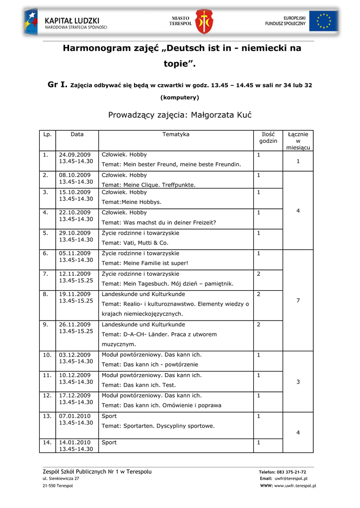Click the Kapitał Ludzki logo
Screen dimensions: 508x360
pos(66,22)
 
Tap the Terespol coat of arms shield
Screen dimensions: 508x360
pos(202,22)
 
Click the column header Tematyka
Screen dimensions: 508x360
pos(176,134)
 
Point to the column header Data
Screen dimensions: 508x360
pos(77,134)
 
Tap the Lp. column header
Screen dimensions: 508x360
pos(48,134)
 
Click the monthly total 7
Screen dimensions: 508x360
pos(298,301)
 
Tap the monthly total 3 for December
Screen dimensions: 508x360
pos(298,382)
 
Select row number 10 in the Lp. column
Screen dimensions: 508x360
pos(47,355)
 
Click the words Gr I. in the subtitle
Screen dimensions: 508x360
pos(57,85)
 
